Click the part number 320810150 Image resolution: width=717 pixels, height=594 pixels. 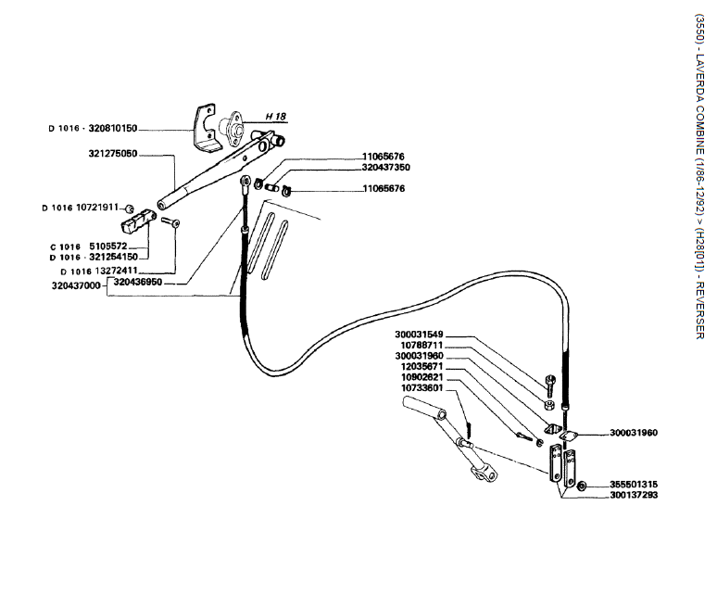click(112, 129)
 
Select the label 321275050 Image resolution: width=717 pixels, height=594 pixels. click(113, 154)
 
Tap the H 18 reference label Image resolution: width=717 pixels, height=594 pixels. click(276, 117)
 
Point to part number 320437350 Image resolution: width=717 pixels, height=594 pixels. click(386, 168)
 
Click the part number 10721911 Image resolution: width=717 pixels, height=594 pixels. click(97, 208)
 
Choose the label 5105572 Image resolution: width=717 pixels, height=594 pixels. click(107, 246)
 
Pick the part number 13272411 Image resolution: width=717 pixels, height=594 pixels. click(116, 271)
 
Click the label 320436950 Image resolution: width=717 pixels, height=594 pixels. click(138, 282)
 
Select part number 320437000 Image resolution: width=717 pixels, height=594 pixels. click(76, 285)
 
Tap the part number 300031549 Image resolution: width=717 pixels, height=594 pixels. click(419, 335)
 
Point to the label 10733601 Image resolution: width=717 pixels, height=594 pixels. click(422, 388)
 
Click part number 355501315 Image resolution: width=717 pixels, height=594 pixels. click(634, 485)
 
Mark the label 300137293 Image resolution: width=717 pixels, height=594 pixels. click(634, 495)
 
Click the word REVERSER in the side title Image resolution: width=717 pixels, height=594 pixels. click(699, 310)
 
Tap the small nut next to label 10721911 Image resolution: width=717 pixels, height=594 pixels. click(130, 209)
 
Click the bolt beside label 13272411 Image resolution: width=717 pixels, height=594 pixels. click(170, 222)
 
